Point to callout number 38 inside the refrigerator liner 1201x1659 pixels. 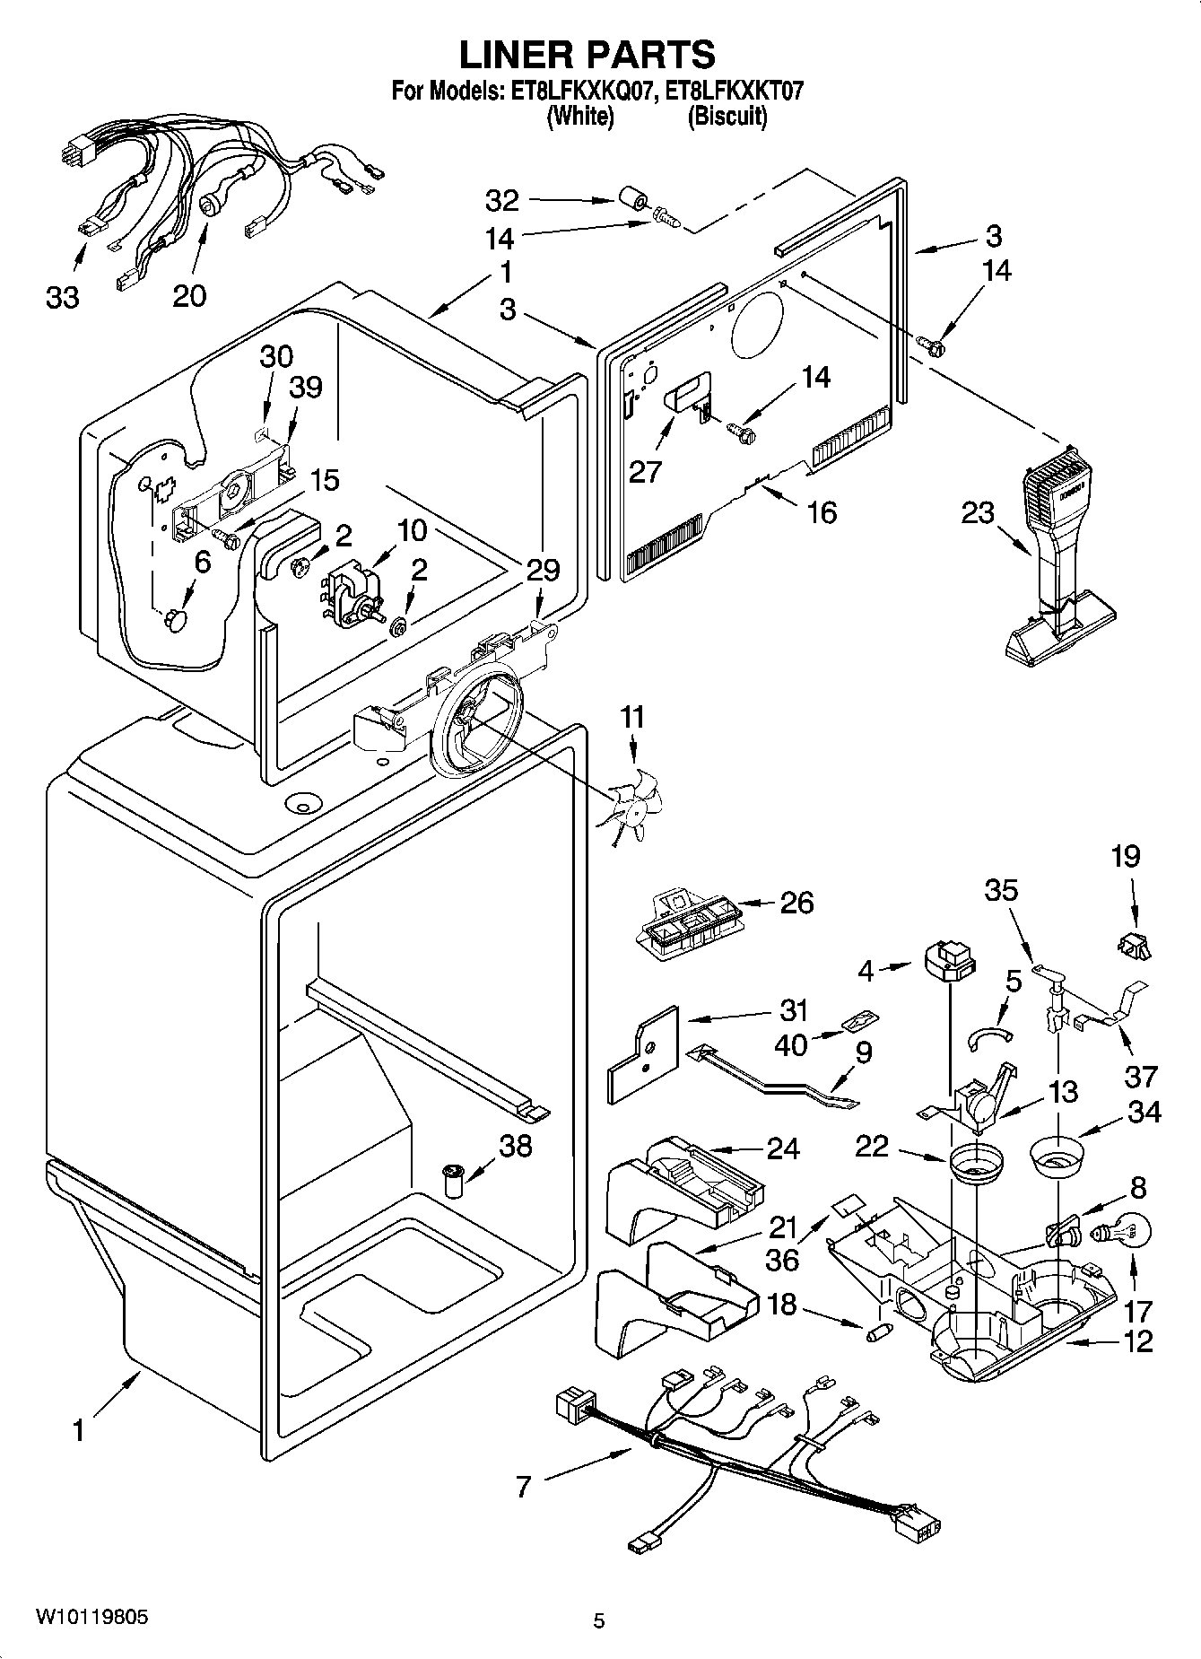click(516, 1146)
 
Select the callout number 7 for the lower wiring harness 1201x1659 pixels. click(523, 1486)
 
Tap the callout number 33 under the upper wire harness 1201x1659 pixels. click(63, 297)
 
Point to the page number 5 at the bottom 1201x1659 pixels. click(598, 1620)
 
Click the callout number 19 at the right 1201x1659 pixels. click(1126, 857)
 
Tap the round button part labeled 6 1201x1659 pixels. click(176, 620)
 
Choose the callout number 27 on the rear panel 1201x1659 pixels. click(644, 471)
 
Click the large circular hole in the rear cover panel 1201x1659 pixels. click(759, 323)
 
